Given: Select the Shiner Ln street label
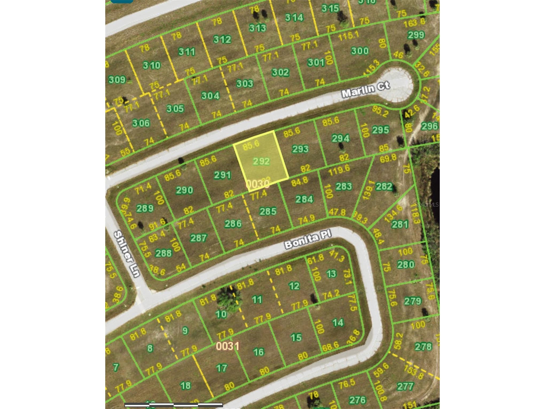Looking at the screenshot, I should (127, 254).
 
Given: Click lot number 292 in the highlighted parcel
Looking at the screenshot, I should (261, 161).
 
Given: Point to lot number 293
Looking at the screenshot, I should (300, 149).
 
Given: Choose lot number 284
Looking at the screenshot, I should (304, 199).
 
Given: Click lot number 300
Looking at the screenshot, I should (360, 51).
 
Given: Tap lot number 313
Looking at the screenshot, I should (257, 28).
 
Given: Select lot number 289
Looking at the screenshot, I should (145, 208).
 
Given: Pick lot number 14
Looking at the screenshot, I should (338, 322).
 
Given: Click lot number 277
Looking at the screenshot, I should (405, 386).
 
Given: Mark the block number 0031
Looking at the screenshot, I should (228, 346).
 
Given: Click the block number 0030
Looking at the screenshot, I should (257, 184).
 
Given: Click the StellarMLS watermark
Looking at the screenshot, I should (426, 205).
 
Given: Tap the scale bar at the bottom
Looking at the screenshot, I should (174, 405).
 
